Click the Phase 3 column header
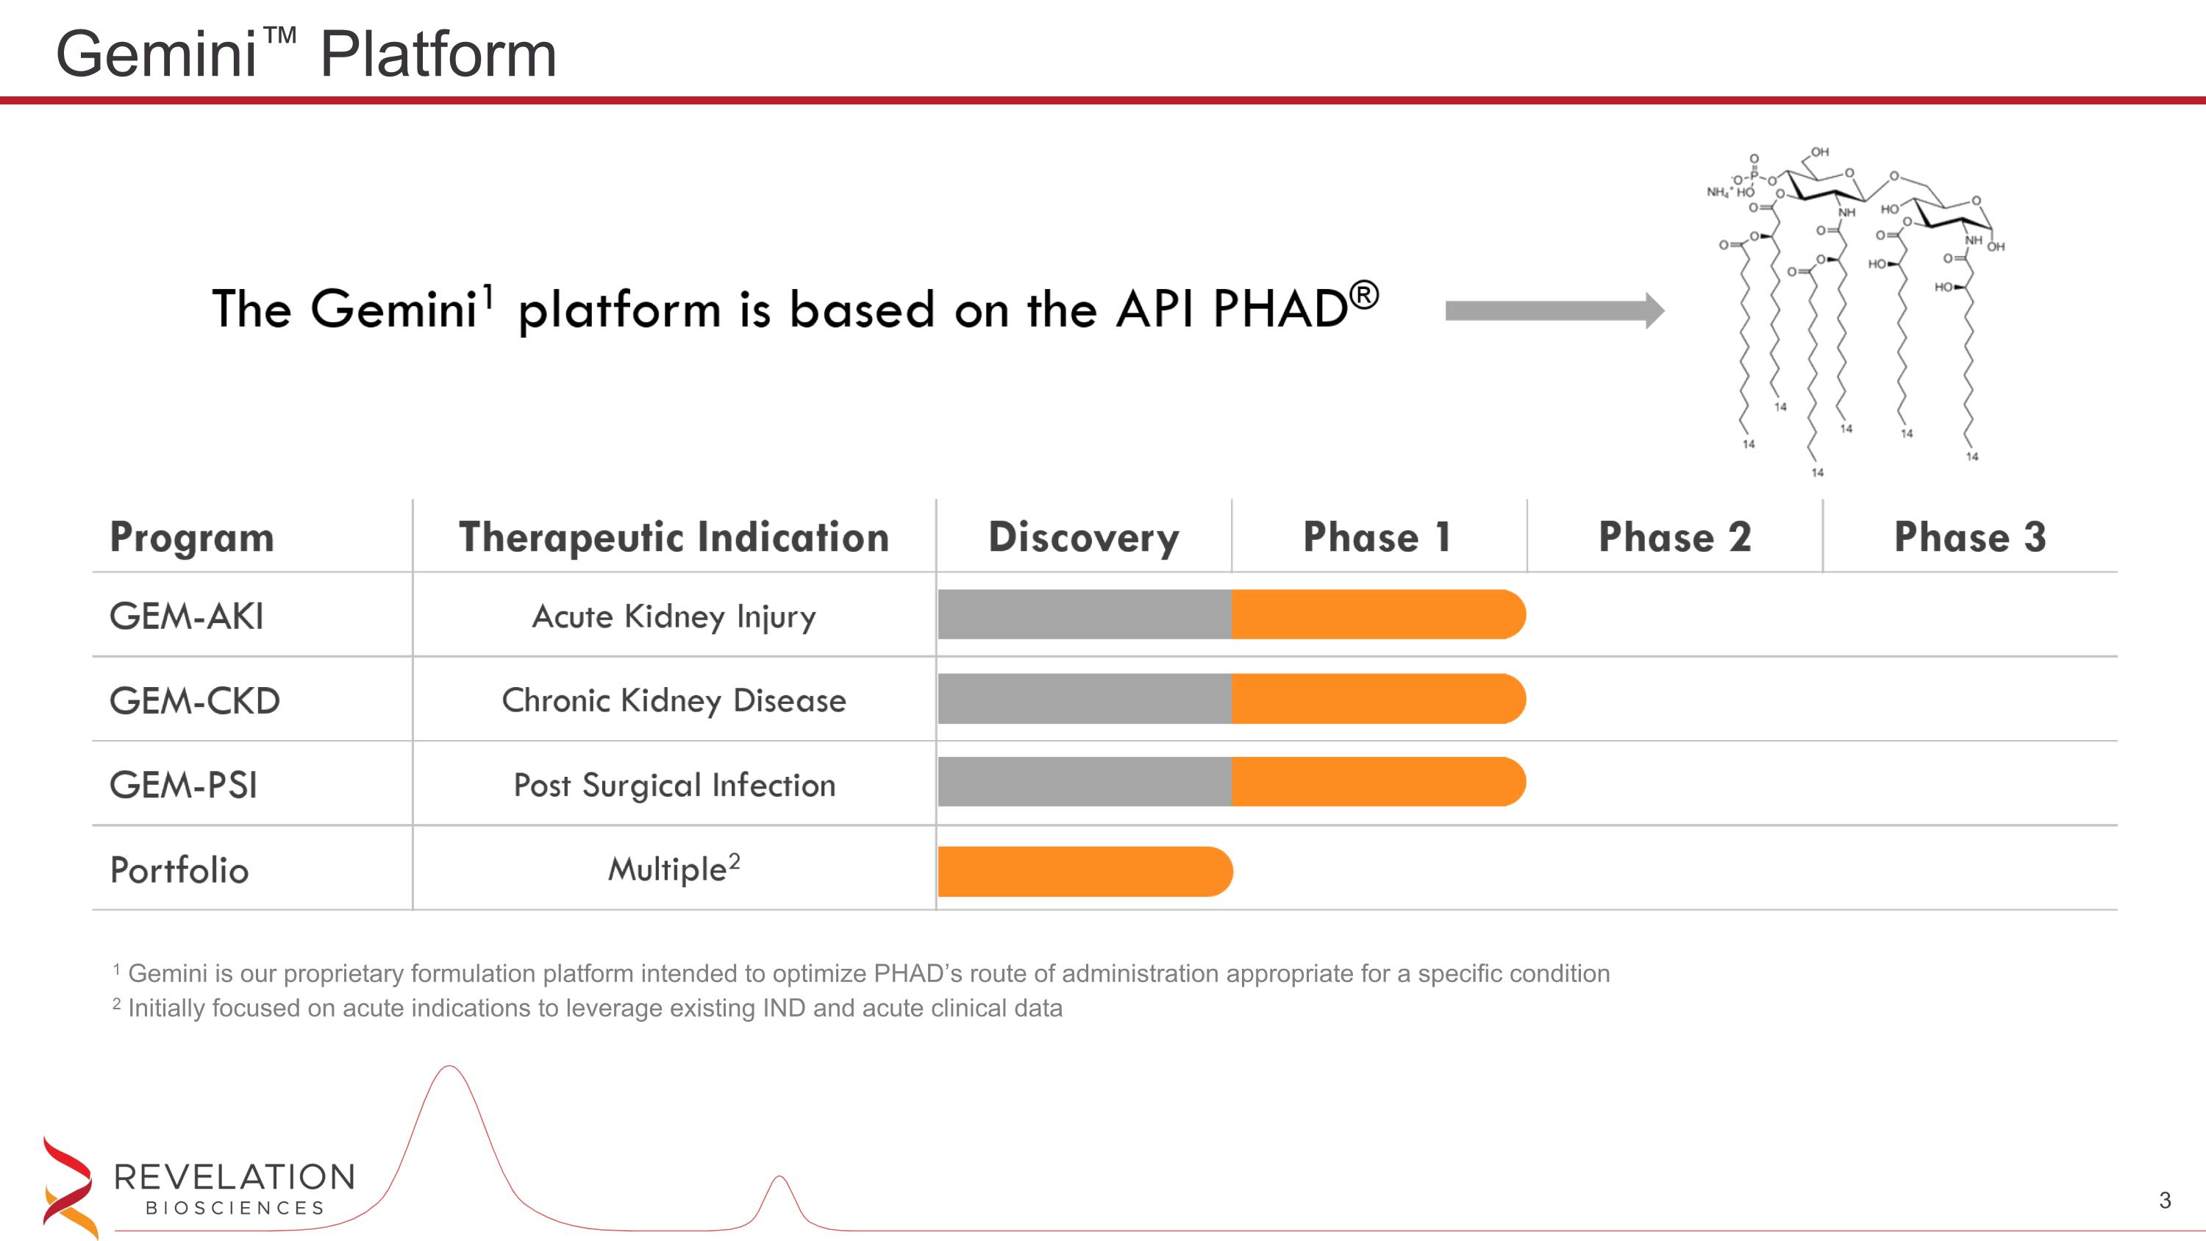pyautogui.click(x=1970, y=537)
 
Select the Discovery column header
pyautogui.click(x=1083, y=537)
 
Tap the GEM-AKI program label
pyautogui.click(x=187, y=616)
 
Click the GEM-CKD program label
pyautogui.click(x=194, y=700)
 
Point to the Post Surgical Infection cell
pyautogui.click(x=674, y=784)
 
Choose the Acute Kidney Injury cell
pyautogui.click(x=674, y=616)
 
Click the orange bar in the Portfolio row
pyautogui.click(x=1084, y=871)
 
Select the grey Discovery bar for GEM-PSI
pyautogui.click(x=1084, y=782)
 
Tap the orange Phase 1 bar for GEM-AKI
pyautogui.click(x=1377, y=614)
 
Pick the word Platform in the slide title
pyautogui.click(x=438, y=54)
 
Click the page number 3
pyautogui.click(x=2165, y=1200)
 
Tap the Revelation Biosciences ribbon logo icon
pyautogui.click(x=68, y=1186)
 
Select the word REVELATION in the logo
pyautogui.click(x=234, y=1177)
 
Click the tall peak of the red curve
pyautogui.click(x=449, y=1068)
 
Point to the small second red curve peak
pyautogui.click(x=779, y=1178)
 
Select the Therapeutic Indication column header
pyautogui.click(x=674, y=537)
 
